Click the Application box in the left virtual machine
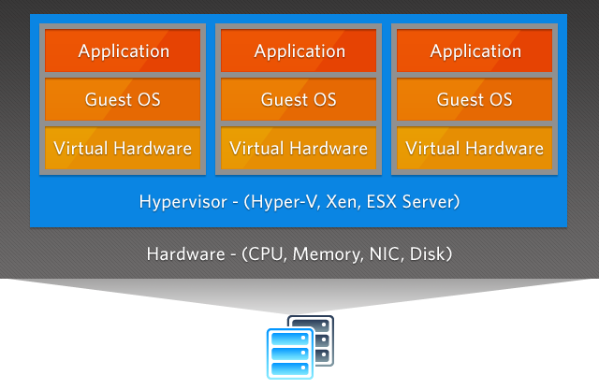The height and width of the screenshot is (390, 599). click(x=123, y=51)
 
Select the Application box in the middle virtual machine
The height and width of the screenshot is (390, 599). click(x=299, y=51)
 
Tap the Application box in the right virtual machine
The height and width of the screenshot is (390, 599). click(x=475, y=51)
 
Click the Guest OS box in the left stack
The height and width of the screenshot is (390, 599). click(x=123, y=99)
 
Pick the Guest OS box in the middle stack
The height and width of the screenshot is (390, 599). click(x=299, y=99)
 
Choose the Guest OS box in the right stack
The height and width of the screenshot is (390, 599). click(x=475, y=99)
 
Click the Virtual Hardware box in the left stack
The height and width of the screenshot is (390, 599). click(x=123, y=148)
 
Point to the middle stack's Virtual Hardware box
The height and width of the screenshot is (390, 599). click(x=299, y=148)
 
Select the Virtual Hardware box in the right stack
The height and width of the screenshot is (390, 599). click(x=475, y=148)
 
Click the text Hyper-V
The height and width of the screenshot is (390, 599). click(x=280, y=202)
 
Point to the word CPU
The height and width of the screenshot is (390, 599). click(x=266, y=254)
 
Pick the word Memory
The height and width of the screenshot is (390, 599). click(x=324, y=254)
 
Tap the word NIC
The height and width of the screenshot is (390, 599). click(x=381, y=254)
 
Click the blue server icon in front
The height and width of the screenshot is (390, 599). click(x=289, y=354)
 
